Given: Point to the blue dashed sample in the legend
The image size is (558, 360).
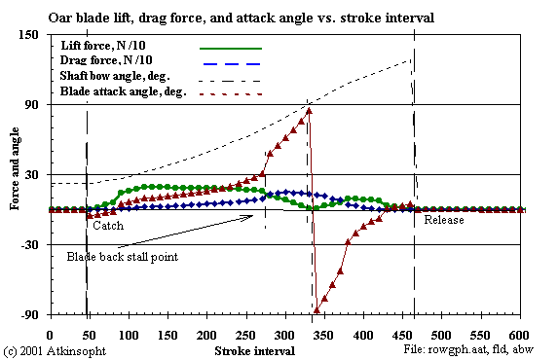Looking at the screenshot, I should click(x=231, y=63).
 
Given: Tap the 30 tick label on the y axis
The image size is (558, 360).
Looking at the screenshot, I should click(x=30, y=175).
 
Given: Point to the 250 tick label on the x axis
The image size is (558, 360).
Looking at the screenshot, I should click(x=245, y=334).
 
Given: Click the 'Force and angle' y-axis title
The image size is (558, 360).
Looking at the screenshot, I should click(x=15, y=175).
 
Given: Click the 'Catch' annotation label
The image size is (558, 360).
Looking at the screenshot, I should click(x=107, y=225).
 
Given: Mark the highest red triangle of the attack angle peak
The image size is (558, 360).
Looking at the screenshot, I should click(x=309, y=111).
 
